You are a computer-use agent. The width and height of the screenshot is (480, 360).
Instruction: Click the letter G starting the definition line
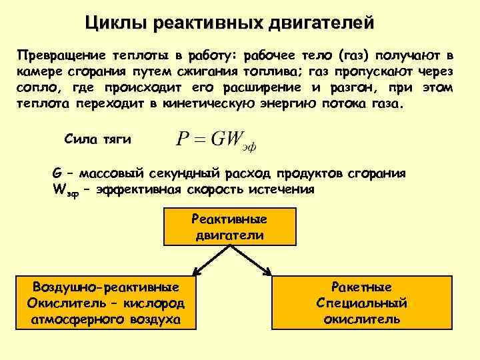57,173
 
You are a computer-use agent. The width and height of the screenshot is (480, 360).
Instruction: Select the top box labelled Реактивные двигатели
229,227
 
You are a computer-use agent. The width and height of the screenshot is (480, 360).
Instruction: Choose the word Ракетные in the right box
362,287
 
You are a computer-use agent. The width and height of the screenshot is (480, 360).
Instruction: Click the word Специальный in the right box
362,303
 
